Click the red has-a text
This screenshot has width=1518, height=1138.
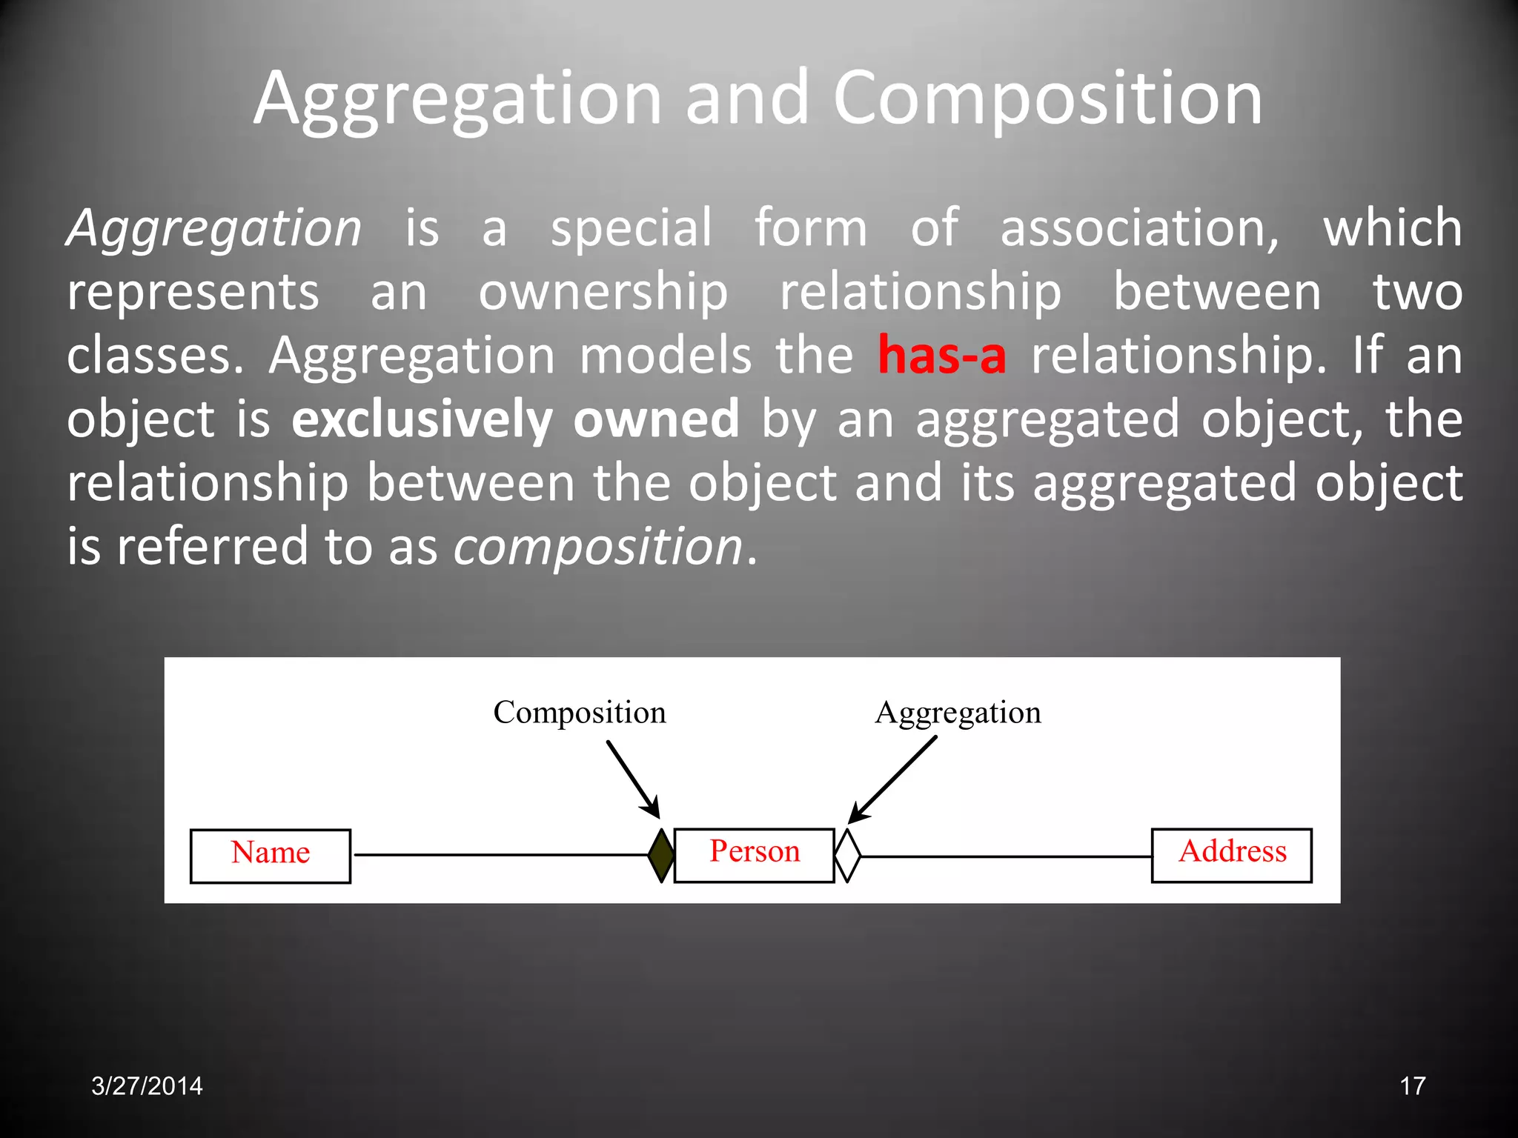coord(941,356)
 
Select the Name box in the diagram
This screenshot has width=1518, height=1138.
coord(271,856)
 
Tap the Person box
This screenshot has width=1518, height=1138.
coord(754,855)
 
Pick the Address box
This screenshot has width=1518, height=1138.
coord(1231,855)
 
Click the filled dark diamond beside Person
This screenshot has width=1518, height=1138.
coord(661,855)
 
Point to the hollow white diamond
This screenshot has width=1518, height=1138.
coord(847,855)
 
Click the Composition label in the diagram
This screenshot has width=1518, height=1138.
coord(580,713)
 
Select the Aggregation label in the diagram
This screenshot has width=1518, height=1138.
coord(958,713)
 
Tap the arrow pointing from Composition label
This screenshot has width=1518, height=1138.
coord(634,779)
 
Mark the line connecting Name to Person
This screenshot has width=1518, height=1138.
coord(500,855)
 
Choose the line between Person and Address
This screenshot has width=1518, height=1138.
coord(1006,856)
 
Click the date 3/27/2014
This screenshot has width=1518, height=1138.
coord(147,1086)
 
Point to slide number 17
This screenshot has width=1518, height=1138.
coord(1412,1086)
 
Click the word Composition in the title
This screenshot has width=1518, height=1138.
coord(1047,99)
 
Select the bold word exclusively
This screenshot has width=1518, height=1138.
coord(422,419)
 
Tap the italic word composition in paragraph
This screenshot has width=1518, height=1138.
coord(597,547)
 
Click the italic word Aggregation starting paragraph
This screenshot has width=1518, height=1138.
coord(214,228)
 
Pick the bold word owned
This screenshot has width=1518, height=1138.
coord(656,419)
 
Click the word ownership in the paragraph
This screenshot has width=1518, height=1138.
coord(603,292)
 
